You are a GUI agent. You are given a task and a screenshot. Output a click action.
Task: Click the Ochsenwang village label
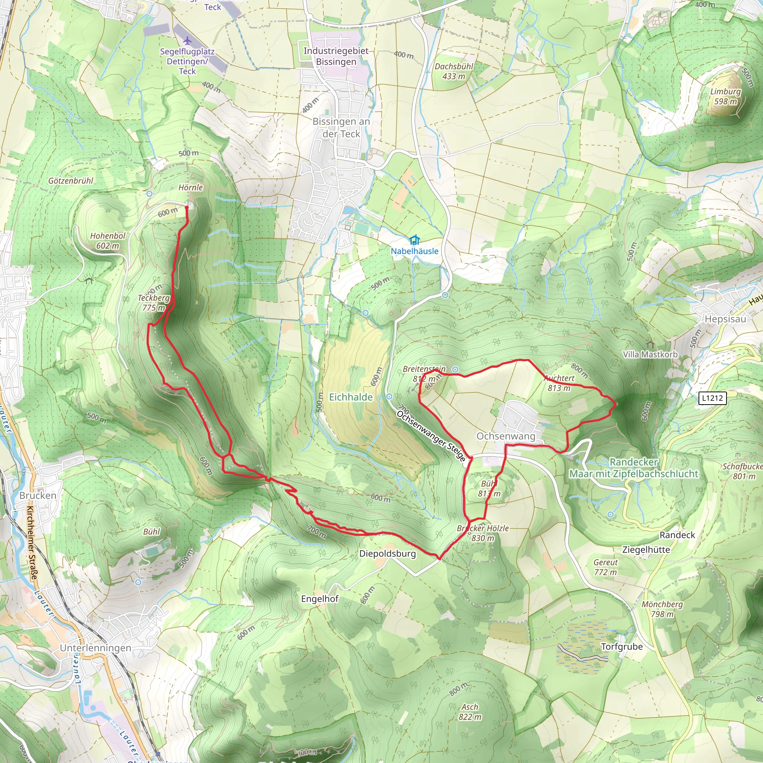[x=506, y=436]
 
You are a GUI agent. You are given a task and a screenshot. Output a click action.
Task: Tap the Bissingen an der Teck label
[x=341, y=127]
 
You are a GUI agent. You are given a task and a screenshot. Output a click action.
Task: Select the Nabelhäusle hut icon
[x=414, y=240]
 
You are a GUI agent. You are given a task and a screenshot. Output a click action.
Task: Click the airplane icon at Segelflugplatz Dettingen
[x=187, y=40]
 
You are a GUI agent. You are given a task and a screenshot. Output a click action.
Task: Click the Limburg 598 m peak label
[x=725, y=96]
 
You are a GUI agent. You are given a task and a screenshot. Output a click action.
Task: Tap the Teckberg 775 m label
[x=153, y=303]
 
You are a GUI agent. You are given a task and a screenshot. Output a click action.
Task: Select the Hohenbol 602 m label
[x=107, y=241]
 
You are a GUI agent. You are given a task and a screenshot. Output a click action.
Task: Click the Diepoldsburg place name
[x=387, y=554]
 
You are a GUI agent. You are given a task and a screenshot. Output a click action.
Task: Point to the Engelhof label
[x=320, y=599]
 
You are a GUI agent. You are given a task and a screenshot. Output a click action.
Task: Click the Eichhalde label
[x=351, y=397]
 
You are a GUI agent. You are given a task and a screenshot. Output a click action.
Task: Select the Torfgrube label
[x=622, y=646]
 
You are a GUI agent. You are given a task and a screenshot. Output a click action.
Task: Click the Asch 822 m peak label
[x=469, y=712]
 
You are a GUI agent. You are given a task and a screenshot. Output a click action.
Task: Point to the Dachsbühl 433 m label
[x=454, y=72]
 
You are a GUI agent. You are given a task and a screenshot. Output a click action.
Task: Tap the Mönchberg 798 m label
[x=662, y=609]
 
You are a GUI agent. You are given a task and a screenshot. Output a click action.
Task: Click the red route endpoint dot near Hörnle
[x=187, y=207]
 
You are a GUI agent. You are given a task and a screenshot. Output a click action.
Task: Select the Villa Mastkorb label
[x=650, y=354]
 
